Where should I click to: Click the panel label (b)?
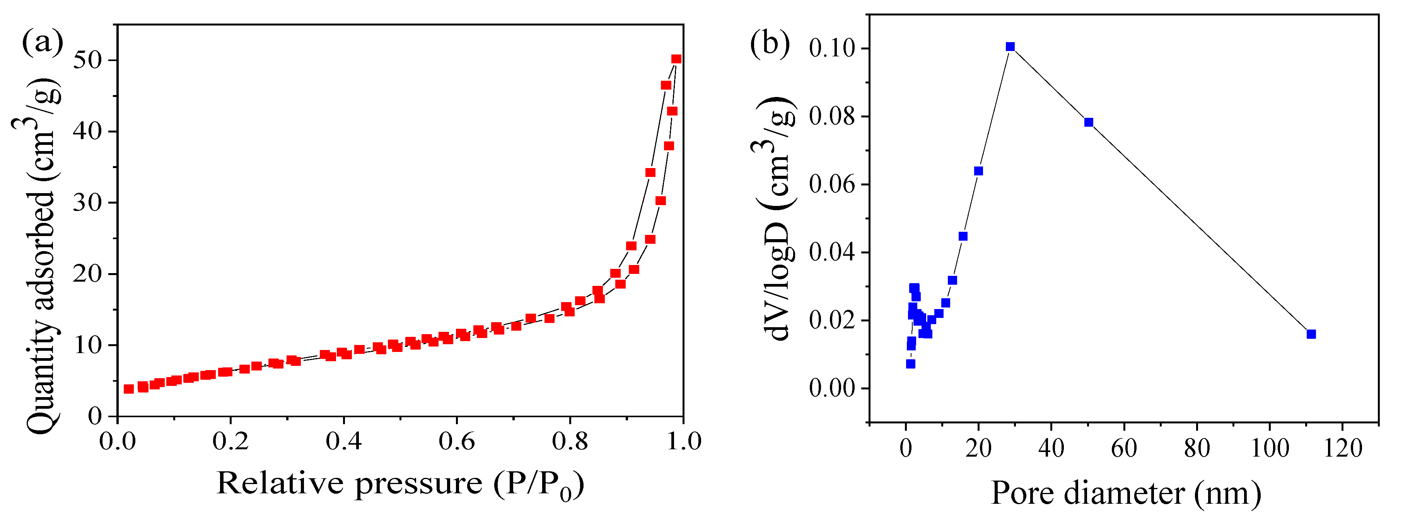click(x=770, y=44)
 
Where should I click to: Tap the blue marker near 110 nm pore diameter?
click(x=1311, y=334)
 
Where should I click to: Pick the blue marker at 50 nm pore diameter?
click(x=1089, y=122)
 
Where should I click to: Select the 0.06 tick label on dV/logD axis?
click(x=831, y=184)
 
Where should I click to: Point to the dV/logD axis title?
click(x=774, y=217)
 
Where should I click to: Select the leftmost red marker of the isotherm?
click(x=128, y=389)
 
